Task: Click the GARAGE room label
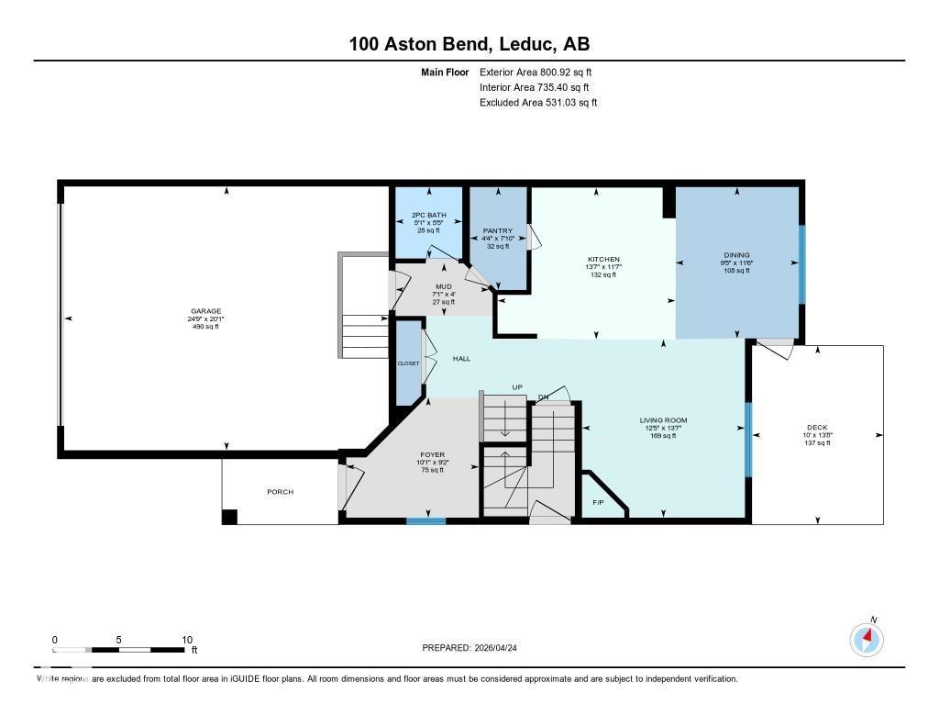click(x=206, y=311)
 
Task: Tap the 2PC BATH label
click(x=427, y=216)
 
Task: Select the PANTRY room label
click(x=498, y=231)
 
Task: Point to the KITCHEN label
click(x=603, y=260)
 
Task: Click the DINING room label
click(x=736, y=255)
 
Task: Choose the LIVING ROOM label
click(x=663, y=420)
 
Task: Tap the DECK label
click(x=817, y=427)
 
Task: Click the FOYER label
click(x=430, y=454)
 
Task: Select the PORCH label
click(x=280, y=492)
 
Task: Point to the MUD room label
click(x=443, y=286)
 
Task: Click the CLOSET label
click(x=408, y=363)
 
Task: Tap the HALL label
click(x=461, y=358)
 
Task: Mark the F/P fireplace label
click(x=598, y=502)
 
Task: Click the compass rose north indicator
click(x=867, y=638)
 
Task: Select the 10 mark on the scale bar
click(x=186, y=640)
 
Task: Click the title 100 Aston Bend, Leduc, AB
click(x=469, y=43)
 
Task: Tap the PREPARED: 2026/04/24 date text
click(x=475, y=647)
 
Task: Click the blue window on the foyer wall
click(x=426, y=520)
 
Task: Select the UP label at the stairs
click(x=517, y=387)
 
